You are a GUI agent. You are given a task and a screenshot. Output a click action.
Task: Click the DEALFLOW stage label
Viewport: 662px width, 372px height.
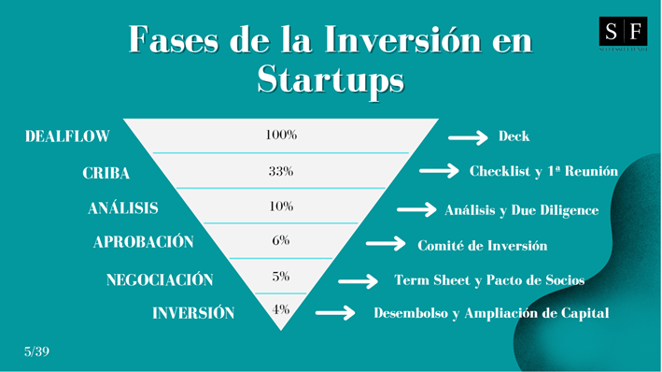[67, 136]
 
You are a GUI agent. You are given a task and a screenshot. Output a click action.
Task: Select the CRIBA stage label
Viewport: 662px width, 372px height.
[106, 173]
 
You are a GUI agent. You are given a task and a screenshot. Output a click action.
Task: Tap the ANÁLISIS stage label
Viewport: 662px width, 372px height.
[123, 208]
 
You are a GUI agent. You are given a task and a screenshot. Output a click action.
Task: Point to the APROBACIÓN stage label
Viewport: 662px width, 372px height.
[144, 242]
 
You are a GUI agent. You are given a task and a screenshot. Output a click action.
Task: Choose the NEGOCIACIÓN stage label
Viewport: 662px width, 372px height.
[160, 279]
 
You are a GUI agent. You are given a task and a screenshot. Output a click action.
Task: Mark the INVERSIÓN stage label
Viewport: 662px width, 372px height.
[193, 313]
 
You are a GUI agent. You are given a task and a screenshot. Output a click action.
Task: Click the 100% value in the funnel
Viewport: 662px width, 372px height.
[280, 136]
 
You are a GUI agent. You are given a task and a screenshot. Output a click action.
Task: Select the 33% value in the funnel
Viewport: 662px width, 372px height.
[280, 171]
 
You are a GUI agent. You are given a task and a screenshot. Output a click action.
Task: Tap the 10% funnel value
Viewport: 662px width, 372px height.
[280, 206]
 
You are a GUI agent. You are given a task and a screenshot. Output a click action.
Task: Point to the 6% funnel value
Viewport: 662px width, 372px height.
[280, 240]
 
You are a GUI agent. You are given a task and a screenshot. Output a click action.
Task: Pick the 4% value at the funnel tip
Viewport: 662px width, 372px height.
[280, 310]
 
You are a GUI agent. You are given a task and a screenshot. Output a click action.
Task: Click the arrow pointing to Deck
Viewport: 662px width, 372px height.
[468, 137]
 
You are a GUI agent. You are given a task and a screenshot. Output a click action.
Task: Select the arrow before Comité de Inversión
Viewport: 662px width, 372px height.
[386, 244]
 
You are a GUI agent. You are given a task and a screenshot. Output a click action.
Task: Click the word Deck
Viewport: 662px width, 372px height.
[514, 136]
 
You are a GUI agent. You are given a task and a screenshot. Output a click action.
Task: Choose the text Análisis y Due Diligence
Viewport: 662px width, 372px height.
[521, 210]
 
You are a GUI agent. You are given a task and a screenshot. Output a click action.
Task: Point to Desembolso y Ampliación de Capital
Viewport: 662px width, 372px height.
[491, 313]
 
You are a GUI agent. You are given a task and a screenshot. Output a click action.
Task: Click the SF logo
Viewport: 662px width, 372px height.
[623, 33]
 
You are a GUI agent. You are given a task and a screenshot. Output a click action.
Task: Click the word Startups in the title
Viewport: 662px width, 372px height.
[331, 79]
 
